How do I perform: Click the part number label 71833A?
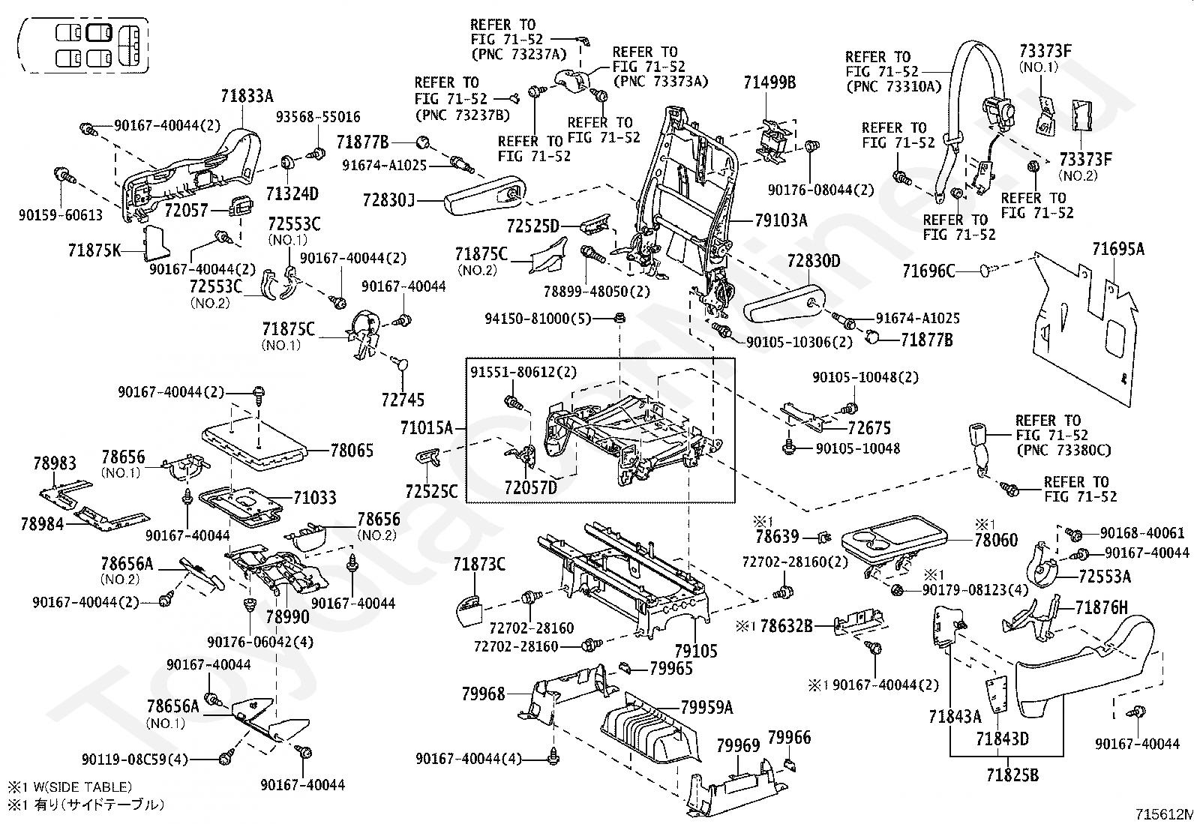[x=247, y=96]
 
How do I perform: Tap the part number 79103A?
[x=781, y=220]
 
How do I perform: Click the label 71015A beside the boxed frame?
[x=427, y=427]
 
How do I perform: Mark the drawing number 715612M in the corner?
[x=1164, y=814]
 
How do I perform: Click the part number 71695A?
[x=1117, y=249]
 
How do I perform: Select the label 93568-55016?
[x=318, y=117]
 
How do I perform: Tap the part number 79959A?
[x=706, y=707]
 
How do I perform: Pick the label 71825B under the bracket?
[x=1012, y=775]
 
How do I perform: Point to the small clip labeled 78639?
[x=825, y=538]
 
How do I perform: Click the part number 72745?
[x=403, y=400]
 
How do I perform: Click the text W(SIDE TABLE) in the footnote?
[x=82, y=787]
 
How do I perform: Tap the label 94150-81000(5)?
[x=538, y=319]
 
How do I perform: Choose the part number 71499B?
[x=769, y=82]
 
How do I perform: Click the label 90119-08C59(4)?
[x=135, y=759]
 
